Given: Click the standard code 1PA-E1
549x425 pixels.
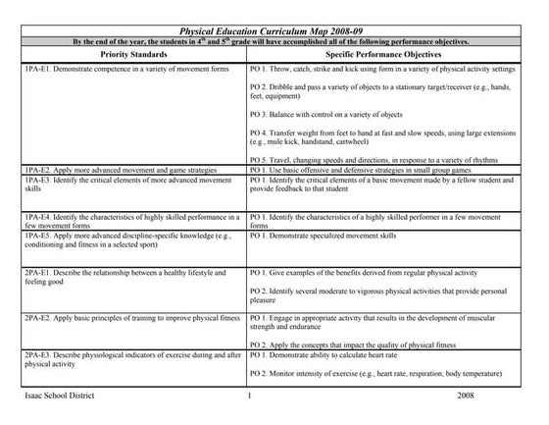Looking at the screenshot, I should tap(36, 72).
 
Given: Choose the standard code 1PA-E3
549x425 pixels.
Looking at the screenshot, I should tap(36, 180).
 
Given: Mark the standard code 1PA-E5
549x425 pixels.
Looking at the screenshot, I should tap(36, 237).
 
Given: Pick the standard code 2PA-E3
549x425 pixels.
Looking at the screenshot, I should tap(36, 354).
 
